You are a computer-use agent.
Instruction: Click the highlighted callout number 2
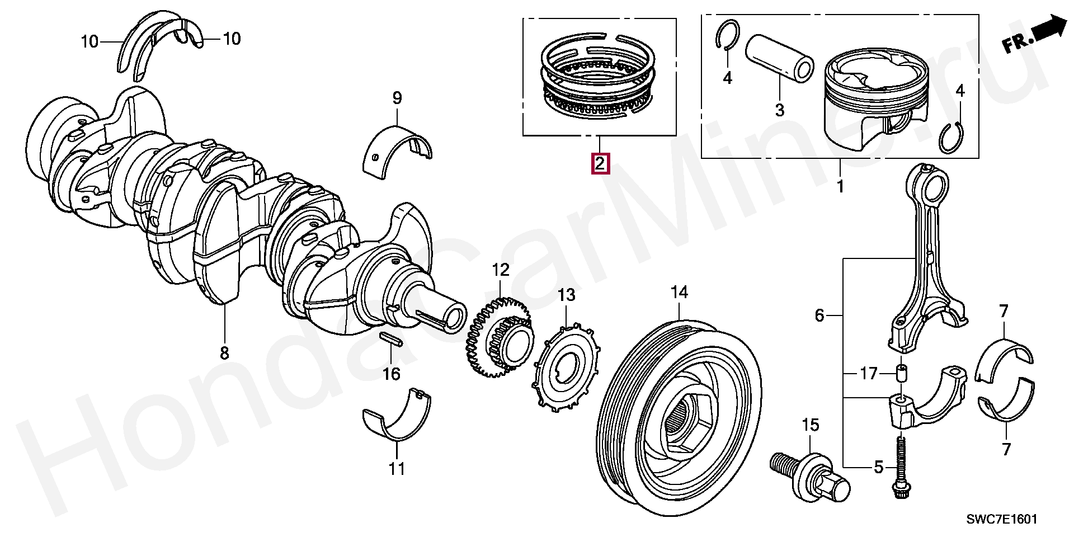point(600,164)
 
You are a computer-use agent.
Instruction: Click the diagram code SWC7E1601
point(1002,519)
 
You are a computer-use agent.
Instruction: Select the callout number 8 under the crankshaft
point(224,353)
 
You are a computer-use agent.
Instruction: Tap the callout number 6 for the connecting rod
point(819,316)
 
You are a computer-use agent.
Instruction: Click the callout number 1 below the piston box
point(840,186)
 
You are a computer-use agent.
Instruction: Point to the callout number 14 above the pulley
point(679,293)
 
